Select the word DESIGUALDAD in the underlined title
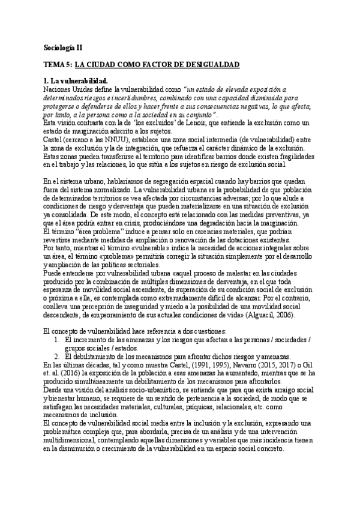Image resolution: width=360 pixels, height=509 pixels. pos(211,64)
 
